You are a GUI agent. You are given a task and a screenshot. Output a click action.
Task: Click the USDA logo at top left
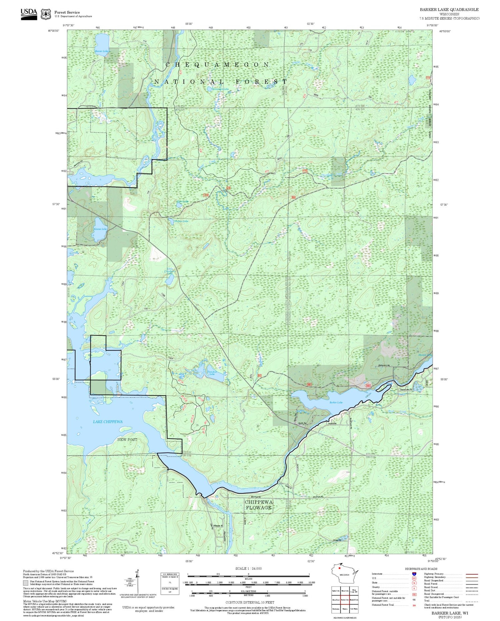29,14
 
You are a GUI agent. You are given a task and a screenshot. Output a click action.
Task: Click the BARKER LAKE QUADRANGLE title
449,10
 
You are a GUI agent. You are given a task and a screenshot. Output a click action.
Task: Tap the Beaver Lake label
101,51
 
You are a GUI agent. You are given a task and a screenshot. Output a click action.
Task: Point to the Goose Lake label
100,229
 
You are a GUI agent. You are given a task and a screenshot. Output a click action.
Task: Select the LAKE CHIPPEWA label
108,422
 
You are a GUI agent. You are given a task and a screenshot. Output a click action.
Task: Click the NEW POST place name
127,440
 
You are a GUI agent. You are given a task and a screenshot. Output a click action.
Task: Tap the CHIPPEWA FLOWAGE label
259,505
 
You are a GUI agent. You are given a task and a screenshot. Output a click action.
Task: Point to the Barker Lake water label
336,403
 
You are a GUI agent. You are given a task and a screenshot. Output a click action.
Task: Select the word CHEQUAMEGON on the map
217,65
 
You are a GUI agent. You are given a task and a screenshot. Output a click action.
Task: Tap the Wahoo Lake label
181,221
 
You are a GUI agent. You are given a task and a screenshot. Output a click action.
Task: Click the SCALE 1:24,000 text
248,569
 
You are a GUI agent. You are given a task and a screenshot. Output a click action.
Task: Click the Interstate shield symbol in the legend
414,574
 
